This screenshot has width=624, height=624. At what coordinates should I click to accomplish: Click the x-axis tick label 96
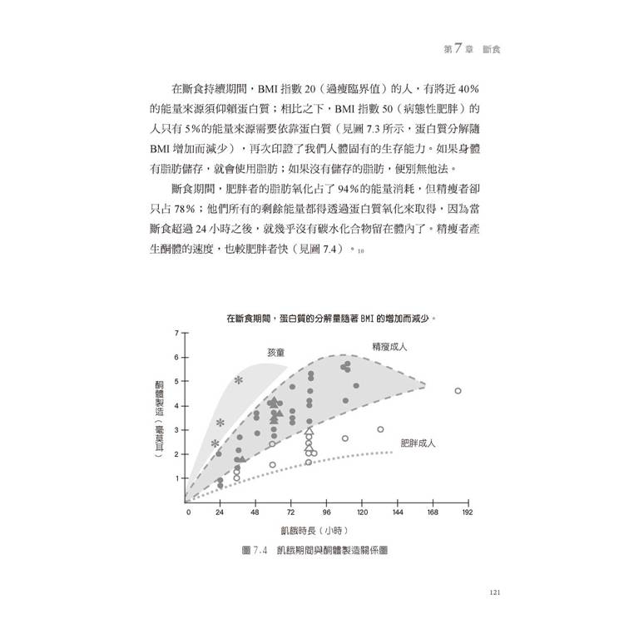click(327, 513)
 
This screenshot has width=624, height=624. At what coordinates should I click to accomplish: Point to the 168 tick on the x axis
click(433, 513)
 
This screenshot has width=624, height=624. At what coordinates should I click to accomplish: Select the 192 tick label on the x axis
click(467, 513)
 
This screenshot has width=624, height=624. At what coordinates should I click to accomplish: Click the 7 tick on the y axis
click(176, 334)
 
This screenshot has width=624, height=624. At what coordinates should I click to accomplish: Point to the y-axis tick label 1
click(176, 478)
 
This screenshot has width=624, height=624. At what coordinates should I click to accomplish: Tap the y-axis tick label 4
click(176, 406)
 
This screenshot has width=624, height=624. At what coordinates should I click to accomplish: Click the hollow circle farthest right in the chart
click(458, 390)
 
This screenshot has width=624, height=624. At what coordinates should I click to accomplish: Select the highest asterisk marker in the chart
click(239, 380)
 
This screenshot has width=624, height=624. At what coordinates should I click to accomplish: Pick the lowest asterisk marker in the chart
click(215, 443)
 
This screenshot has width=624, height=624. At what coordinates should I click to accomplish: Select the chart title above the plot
click(331, 317)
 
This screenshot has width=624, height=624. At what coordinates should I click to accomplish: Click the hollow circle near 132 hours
click(380, 429)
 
